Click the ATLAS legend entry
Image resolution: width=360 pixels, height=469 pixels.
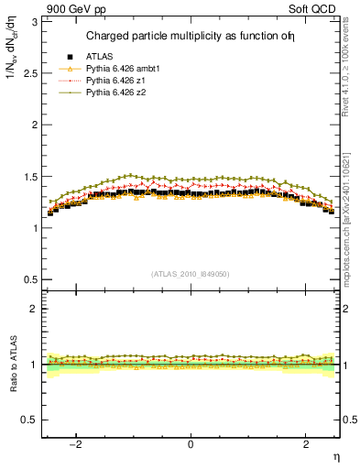point(98,58)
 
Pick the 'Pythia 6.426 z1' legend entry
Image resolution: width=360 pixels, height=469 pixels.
point(112,82)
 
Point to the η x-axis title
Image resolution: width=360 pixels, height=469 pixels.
point(335,457)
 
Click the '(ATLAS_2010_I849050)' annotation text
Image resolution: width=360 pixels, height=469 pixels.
point(190,274)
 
